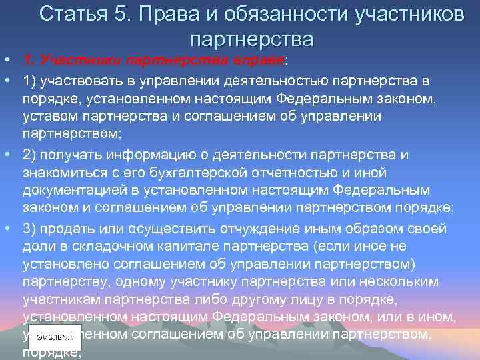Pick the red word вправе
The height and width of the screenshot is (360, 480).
pos(258,61)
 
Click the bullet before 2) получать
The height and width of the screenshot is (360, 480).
pos(6,155)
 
